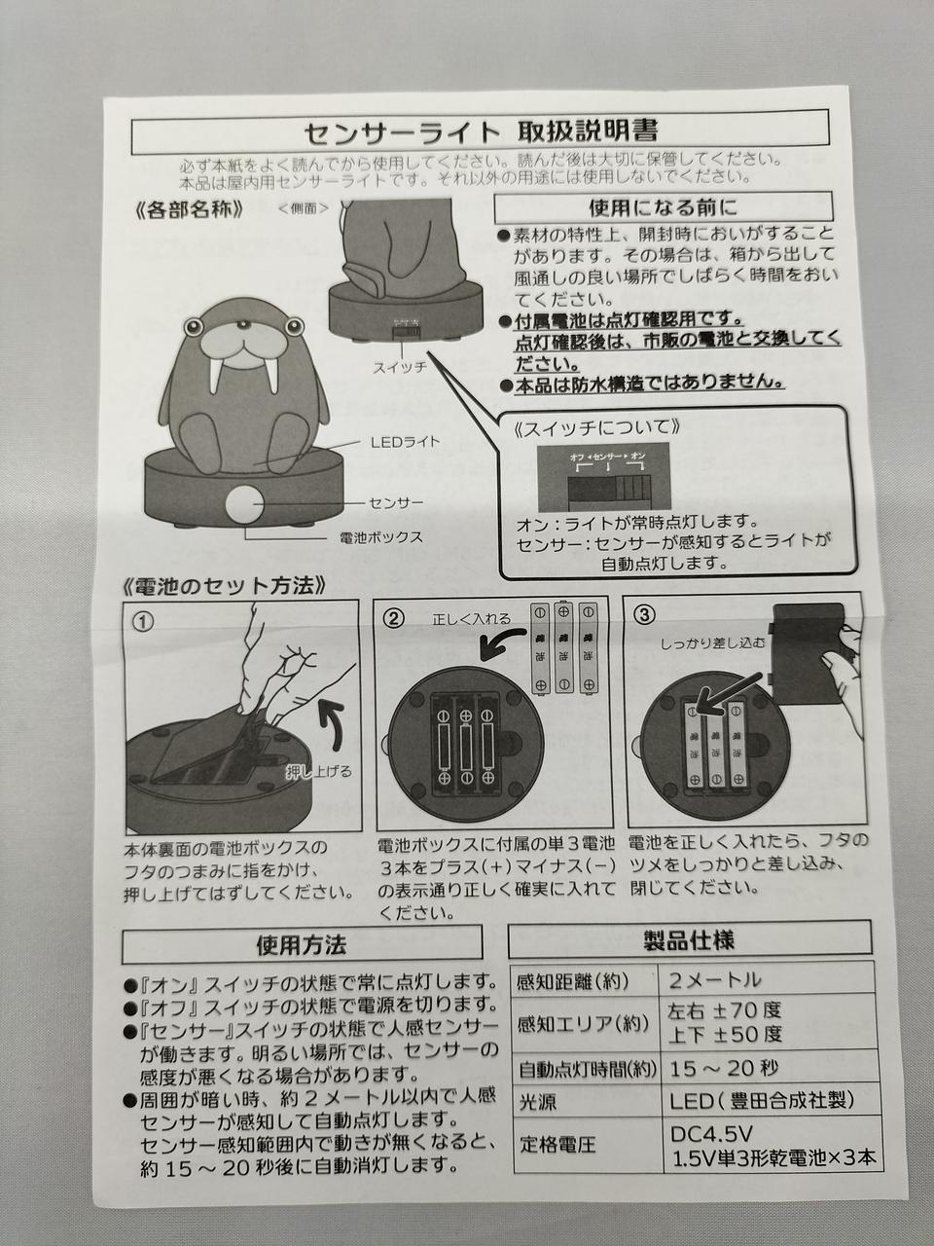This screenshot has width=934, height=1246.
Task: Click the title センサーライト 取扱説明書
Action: pyautogui.click(x=480, y=131)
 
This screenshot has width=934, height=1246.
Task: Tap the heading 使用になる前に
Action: pyautogui.click(x=663, y=206)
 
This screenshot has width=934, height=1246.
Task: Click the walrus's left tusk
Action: pyautogui.click(x=216, y=376)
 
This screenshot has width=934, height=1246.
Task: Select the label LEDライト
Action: pyautogui.click(x=405, y=442)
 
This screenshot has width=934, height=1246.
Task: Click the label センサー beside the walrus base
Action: pyautogui.click(x=396, y=503)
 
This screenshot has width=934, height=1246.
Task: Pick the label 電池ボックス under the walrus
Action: pyautogui.click(x=381, y=536)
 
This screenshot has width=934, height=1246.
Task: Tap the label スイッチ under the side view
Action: pyautogui.click(x=399, y=368)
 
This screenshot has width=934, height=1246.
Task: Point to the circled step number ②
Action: pyautogui.click(x=393, y=617)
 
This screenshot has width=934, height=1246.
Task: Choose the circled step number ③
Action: pyautogui.click(x=643, y=616)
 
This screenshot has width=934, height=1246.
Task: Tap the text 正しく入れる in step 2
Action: pyautogui.click(x=471, y=618)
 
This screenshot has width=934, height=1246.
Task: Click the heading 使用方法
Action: pyautogui.click(x=302, y=944)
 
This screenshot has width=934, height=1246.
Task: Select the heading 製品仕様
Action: pyautogui.click(x=689, y=940)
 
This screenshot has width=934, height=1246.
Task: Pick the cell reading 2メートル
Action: pyautogui.click(x=716, y=980)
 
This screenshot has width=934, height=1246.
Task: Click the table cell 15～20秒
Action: pyautogui.click(x=725, y=1069)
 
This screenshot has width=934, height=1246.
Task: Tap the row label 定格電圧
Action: pyautogui.click(x=557, y=1146)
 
